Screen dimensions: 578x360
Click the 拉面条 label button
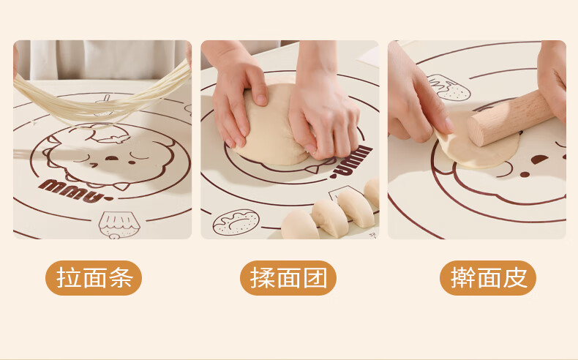[x=94, y=278]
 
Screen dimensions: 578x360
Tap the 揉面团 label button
[x=288, y=278]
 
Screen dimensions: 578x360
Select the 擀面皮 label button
[x=488, y=278]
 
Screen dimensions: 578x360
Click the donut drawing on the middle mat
[x=236, y=222]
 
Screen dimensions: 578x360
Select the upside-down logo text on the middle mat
[x=351, y=162]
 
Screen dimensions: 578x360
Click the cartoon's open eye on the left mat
[x=112, y=158]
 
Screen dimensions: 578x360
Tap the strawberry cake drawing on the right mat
[x=449, y=87]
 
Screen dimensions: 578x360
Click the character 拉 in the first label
[x=68, y=278]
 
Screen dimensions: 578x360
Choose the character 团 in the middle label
[x=315, y=278]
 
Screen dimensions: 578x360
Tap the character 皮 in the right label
[x=515, y=278]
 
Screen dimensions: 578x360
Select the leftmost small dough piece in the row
[x=299, y=225]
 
